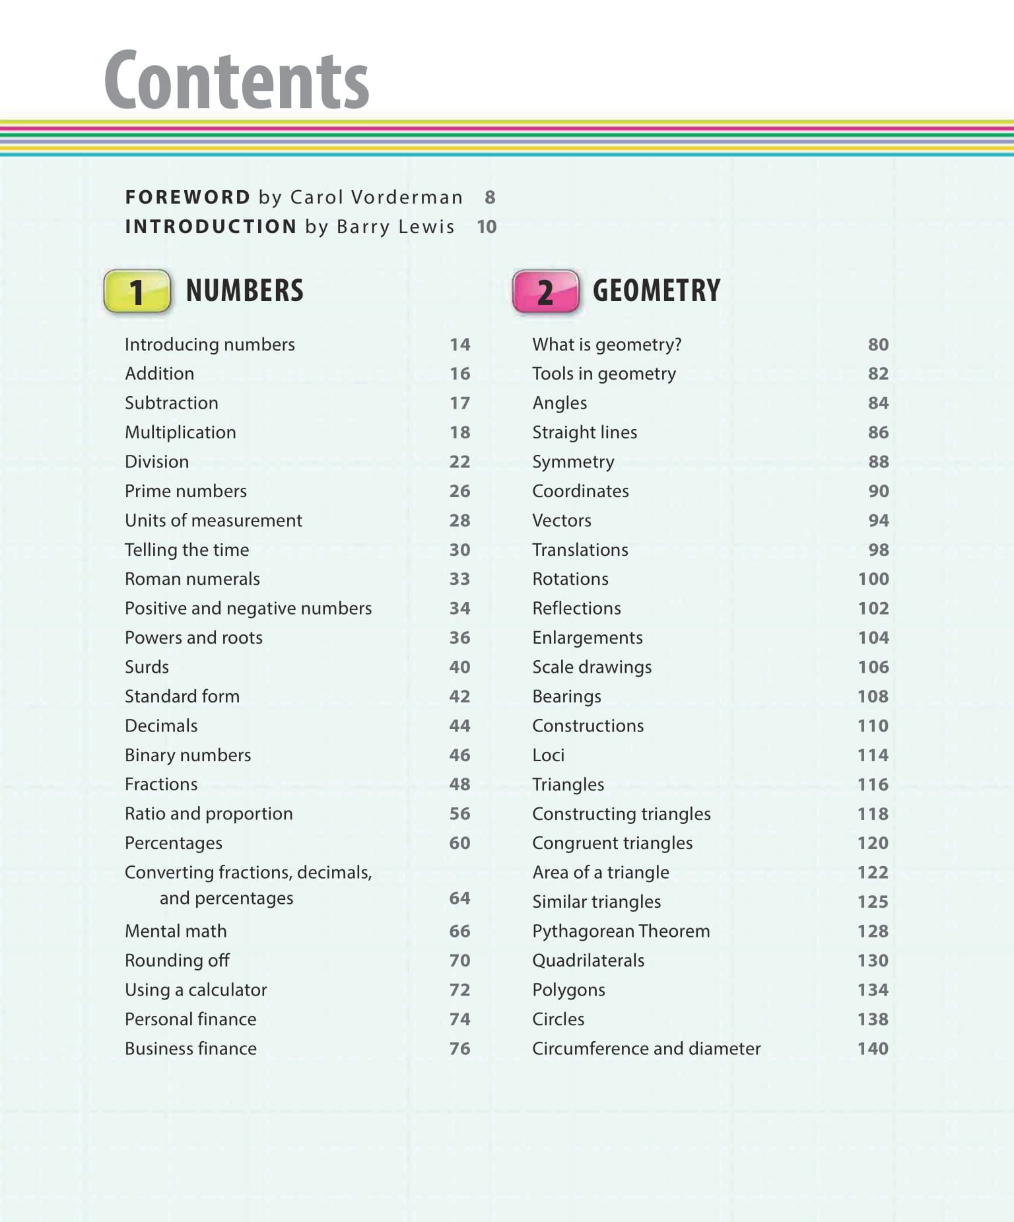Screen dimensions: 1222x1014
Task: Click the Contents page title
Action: click(236, 81)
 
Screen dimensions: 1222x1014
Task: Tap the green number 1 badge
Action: click(137, 291)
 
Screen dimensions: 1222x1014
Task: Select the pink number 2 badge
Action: click(545, 291)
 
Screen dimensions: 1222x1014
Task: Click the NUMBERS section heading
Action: click(245, 290)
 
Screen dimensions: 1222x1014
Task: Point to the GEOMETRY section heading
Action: click(656, 290)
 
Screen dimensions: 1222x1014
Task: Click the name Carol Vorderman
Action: click(376, 197)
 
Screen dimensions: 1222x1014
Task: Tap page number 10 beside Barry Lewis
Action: click(487, 227)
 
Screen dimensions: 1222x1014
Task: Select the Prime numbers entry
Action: click(186, 491)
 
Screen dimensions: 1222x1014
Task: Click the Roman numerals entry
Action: click(192, 579)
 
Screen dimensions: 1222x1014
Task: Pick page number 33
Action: click(459, 579)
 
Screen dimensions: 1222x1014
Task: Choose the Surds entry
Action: click(147, 667)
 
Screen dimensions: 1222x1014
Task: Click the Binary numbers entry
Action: click(187, 755)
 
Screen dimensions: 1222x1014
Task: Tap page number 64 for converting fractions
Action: click(459, 899)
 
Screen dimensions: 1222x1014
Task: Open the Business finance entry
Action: click(190, 1048)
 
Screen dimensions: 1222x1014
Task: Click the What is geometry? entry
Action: click(607, 345)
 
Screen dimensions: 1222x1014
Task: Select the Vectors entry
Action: click(562, 520)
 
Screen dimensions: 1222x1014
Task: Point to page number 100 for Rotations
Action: click(873, 579)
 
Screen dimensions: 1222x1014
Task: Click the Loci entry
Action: click(548, 755)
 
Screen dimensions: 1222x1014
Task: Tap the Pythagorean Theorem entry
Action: click(621, 931)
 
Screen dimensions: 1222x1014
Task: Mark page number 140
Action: click(873, 1048)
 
